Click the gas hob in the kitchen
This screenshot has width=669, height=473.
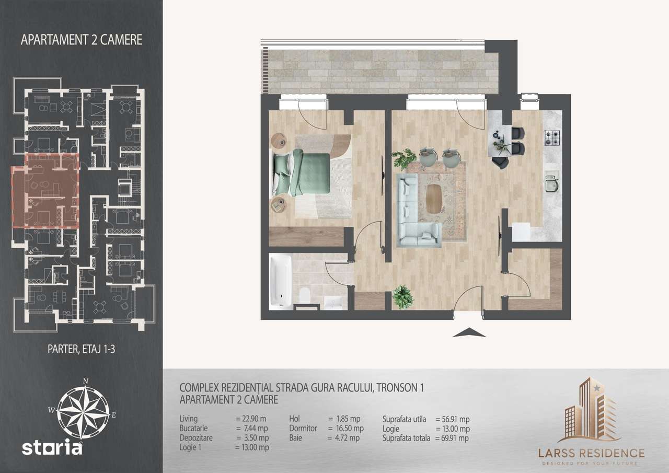552,138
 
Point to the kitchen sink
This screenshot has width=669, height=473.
552,183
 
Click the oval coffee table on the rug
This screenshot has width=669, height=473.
433,199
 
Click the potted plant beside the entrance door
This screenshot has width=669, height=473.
403,296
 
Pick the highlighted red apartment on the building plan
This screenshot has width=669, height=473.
46,191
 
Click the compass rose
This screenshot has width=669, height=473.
83,408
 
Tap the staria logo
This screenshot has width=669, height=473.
52,448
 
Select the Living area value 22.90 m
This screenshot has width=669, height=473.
251,419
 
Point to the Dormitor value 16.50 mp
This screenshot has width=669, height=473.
344,429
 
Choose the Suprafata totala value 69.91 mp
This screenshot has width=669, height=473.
452,439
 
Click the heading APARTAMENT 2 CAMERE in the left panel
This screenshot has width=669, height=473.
82,40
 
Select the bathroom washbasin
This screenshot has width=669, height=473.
333,302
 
